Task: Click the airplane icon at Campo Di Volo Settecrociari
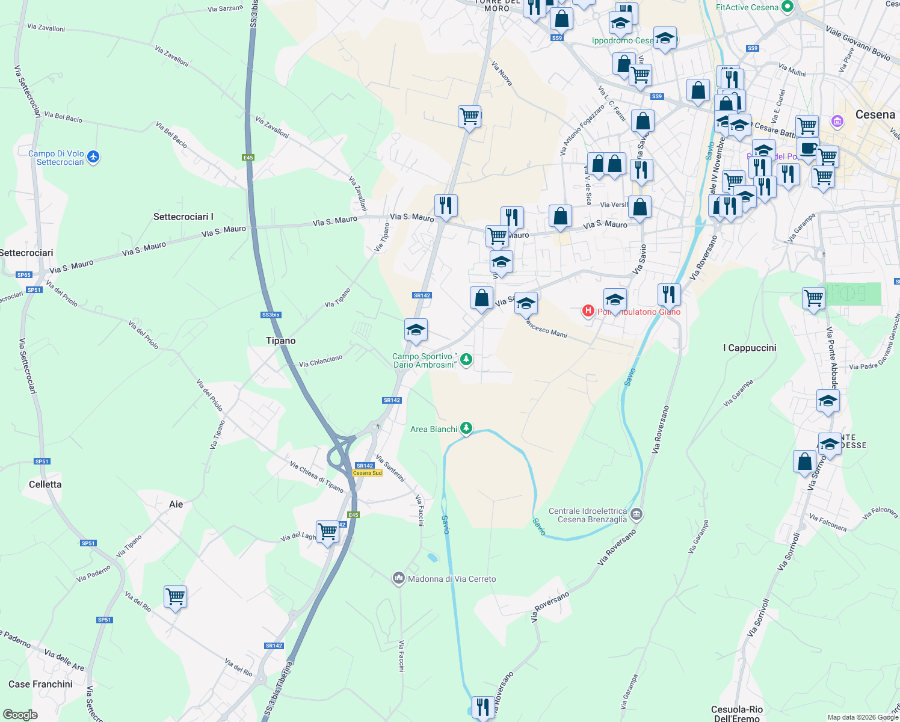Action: point(93,157)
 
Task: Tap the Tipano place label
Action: point(281,341)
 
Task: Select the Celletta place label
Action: point(45,484)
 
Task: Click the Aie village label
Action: point(176,504)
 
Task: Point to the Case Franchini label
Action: point(40,684)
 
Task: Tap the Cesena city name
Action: point(875,115)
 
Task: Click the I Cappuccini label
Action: point(750,348)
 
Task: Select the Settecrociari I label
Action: point(183,217)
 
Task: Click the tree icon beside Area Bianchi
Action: point(466,428)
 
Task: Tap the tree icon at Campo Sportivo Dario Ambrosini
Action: point(466,360)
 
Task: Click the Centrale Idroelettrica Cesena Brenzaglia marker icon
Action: point(637,514)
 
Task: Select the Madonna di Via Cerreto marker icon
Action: point(398,579)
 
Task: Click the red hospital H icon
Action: point(588,310)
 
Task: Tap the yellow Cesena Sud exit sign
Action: point(367,473)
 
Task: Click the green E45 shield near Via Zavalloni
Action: point(248,158)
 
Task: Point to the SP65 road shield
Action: point(23,275)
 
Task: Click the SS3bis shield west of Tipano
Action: point(271,315)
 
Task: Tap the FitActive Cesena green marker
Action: point(787,7)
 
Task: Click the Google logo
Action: point(20,715)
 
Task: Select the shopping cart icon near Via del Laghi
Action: point(327,532)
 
